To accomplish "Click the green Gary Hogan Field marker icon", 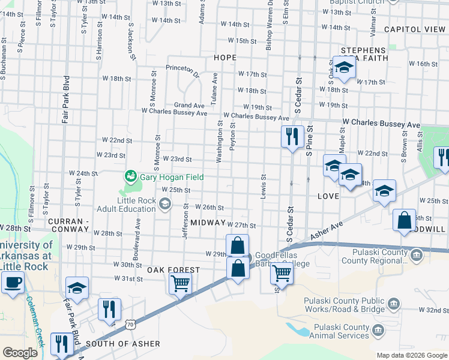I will point(130,176).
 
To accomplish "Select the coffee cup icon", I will point(13,281).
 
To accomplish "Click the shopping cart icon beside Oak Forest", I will point(181,283).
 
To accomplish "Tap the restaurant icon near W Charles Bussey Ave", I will point(292,136).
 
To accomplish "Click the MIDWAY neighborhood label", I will point(207,223).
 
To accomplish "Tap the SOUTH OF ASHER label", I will point(123,344).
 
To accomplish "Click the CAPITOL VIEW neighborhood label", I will point(414,29).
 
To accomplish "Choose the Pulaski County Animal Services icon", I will point(378,329).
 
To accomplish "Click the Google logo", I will point(20,353).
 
